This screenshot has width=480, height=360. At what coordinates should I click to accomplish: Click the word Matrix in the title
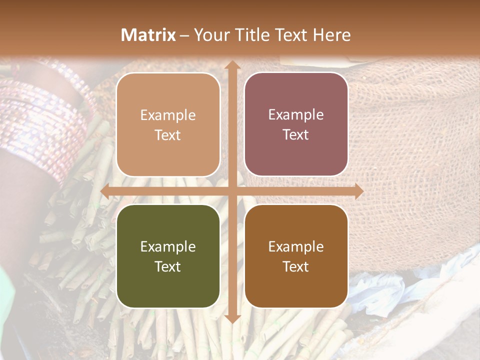(x=148, y=35)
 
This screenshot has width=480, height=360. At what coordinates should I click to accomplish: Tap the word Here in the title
(x=331, y=35)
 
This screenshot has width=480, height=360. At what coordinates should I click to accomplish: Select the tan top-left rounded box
(x=168, y=125)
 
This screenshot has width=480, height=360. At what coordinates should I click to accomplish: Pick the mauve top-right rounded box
(x=296, y=124)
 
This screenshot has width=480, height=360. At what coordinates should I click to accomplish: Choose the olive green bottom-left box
(x=168, y=256)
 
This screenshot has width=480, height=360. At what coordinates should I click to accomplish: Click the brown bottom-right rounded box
(x=296, y=256)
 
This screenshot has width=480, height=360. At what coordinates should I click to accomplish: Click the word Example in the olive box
(x=168, y=246)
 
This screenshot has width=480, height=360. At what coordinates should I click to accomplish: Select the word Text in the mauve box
(x=296, y=135)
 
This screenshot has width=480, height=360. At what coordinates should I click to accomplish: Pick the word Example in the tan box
(x=168, y=115)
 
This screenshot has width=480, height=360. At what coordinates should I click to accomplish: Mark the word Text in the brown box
(x=296, y=267)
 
